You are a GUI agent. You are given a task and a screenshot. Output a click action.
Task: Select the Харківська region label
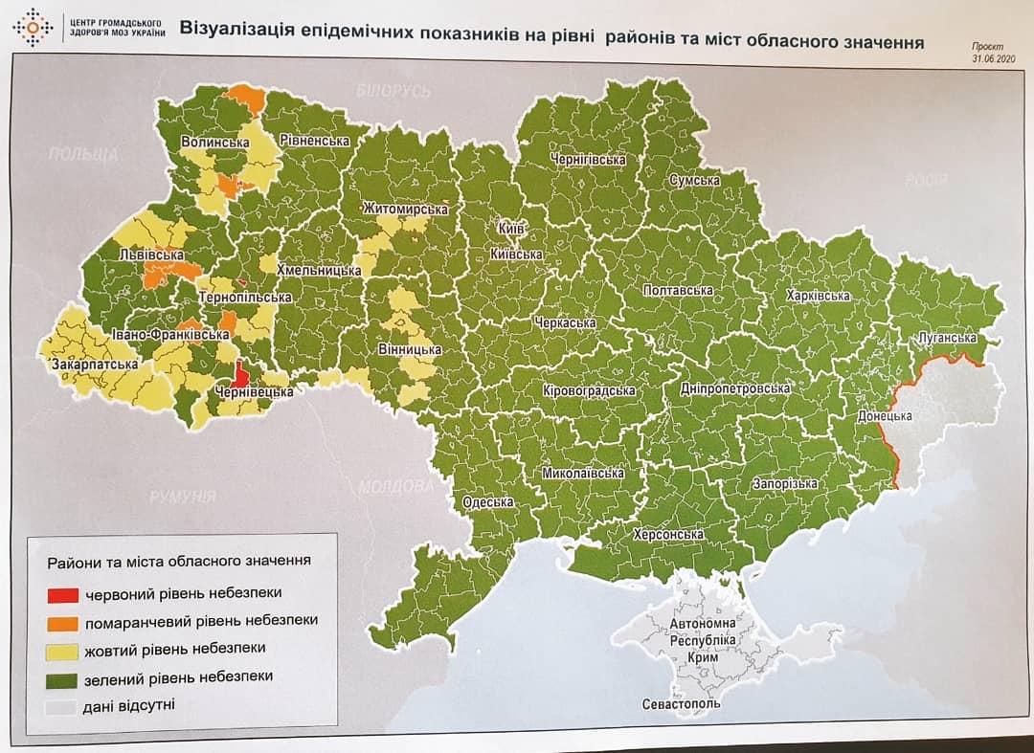[x=817, y=296]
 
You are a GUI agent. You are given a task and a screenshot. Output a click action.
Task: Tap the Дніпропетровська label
[x=734, y=389]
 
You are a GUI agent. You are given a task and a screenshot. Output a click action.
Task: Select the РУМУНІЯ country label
[x=182, y=496]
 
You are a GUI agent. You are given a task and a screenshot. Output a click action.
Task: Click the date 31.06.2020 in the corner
[x=990, y=57]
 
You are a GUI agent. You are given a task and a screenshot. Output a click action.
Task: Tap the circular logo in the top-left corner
[x=33, y=28]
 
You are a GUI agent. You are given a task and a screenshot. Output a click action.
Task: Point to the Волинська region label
[x=214, y=143]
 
